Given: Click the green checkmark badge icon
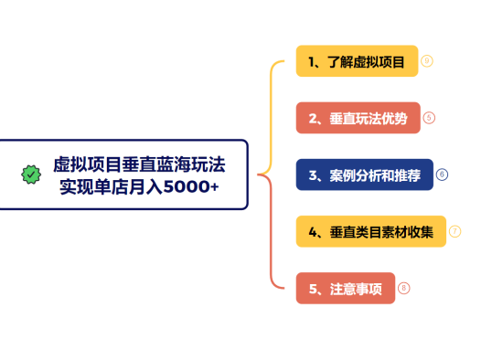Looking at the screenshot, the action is [31, 175].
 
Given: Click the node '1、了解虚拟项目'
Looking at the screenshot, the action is [357, 62].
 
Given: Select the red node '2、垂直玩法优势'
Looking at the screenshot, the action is [358, 118].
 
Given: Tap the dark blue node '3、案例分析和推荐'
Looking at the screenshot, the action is [364, 175].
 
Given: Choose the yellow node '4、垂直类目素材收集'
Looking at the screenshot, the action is [370, 231].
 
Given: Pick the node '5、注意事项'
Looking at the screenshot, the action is [345, 289].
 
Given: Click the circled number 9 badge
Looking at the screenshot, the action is [426, 61].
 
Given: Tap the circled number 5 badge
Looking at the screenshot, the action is [429, 118].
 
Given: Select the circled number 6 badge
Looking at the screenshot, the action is [442, 175].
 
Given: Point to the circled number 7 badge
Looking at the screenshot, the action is [454, 231].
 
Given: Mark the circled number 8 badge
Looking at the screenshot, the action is [403, 288].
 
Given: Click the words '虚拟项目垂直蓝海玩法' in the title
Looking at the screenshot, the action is [139, 164].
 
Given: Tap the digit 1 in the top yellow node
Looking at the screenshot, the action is [312, 62].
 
